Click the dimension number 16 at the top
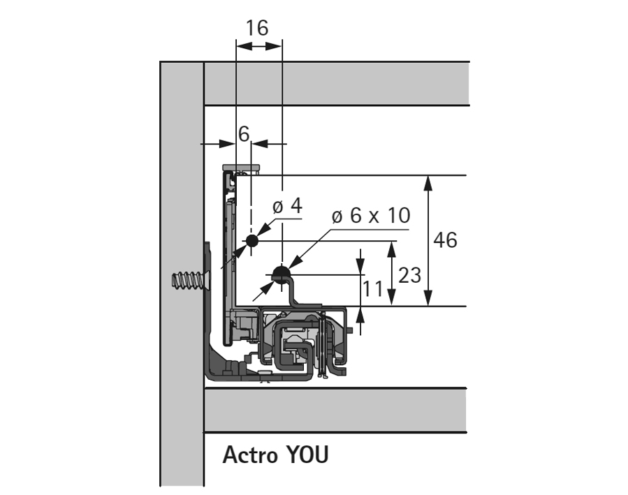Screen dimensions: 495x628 tap(257, 28)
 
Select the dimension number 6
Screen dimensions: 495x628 tap(243, 133)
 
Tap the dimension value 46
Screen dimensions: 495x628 tap(445, 240)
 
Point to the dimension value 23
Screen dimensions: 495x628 tap(409, 274)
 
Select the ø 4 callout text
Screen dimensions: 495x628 tap(286, 207)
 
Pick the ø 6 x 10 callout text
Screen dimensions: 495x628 tap(370, 216)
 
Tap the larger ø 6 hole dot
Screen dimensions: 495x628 tap(280, 274)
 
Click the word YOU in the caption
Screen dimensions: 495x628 tap(307, 455)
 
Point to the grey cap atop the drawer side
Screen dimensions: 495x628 tap(242, 168)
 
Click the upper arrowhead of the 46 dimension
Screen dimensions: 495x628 tap(428, 182)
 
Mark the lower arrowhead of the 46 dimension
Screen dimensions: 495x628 tap(428, 300)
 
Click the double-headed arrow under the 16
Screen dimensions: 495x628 tap(259, 47)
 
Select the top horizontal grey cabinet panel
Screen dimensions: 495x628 tap(335, 84)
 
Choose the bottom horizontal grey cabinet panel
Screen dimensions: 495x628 tap(335, 411)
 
